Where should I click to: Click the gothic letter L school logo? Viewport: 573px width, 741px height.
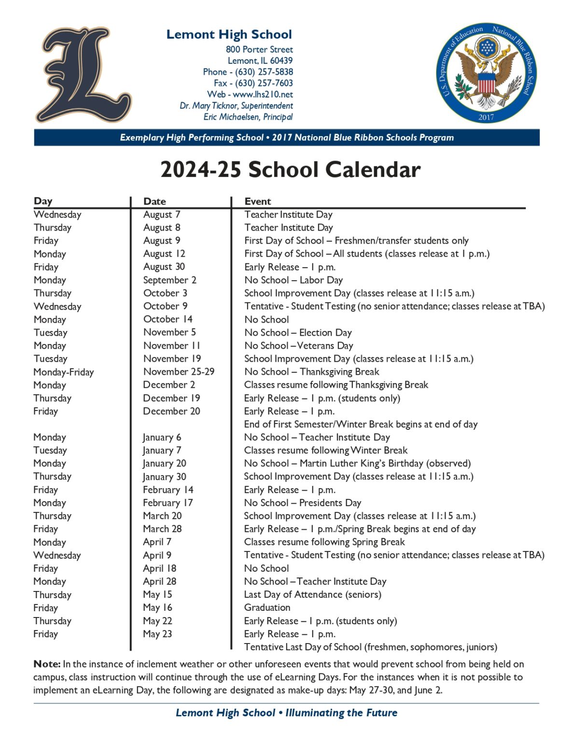(83, 75)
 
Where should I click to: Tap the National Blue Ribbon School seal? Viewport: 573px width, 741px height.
(486, 73)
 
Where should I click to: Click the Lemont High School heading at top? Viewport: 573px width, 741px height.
(229, 34)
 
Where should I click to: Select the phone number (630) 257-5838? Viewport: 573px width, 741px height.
(264, 72)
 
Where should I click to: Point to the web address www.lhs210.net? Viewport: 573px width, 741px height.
(263, 95)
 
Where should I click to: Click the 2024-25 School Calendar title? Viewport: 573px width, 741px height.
(290, 170)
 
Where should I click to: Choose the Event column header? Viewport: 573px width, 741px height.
(258, 201)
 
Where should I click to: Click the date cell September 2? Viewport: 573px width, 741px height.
(169, 280)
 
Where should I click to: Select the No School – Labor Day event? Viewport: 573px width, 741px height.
(293, 280)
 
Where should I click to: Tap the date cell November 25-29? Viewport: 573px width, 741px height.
(179, 371)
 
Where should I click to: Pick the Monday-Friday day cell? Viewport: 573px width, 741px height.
(64, 372)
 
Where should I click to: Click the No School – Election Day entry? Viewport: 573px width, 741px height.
(298, 332)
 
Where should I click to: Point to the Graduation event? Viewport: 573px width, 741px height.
(267, 607)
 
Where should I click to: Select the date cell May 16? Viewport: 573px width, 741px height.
(157, 607)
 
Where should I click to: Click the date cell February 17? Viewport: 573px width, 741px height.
(168, 503)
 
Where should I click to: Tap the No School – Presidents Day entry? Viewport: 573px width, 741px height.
(302, 503)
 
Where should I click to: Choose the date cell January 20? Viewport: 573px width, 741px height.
(164, 463)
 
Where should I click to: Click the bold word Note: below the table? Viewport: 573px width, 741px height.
(47, 664)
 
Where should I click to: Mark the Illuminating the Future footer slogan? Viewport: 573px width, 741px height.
(341, 713)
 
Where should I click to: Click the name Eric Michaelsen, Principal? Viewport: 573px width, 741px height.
(248, 117)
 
